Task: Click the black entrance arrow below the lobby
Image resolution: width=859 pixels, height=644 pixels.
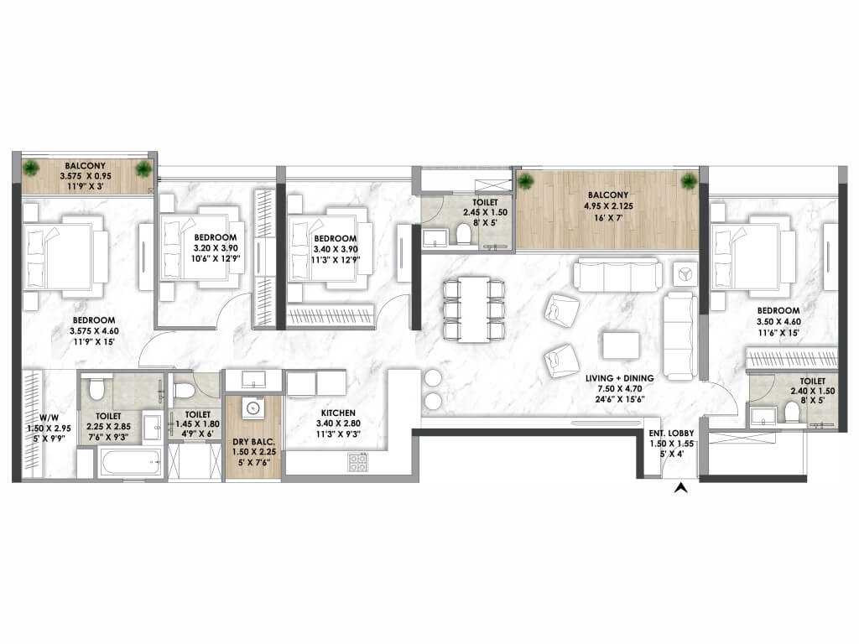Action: [x=680, y=487]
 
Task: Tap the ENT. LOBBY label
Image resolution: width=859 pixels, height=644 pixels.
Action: [x=671, y=434]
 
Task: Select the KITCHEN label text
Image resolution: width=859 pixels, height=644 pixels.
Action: [x=338, y=413]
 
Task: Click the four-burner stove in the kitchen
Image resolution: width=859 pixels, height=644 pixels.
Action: [x=357, y=462]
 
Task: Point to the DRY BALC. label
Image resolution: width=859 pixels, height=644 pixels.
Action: [x=253, y=442]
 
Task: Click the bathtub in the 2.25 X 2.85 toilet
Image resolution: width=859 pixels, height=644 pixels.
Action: [x=131, y=463]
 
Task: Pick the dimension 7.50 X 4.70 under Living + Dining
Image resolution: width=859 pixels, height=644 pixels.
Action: [x=619, y=389]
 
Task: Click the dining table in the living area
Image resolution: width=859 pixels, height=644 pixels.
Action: [x=475, y=309]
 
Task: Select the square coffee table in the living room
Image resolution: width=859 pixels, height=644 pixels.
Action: [x=621, y=345]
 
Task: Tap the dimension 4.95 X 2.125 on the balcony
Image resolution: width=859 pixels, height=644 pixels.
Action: [x=607, y=206]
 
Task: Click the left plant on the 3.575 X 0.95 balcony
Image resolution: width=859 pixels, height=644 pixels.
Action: [x=33, y=168]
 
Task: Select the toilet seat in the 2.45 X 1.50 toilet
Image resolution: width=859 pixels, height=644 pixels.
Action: [x=463, y=234]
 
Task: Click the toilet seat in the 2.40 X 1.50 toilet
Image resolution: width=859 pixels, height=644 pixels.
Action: [x=790, y=411]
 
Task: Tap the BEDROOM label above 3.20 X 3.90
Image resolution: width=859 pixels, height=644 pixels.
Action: [x=216, y=237]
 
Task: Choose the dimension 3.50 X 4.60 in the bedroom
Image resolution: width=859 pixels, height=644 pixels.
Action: [x=778, y=322]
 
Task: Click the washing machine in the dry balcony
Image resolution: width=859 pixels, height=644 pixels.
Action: [x=252, y=408]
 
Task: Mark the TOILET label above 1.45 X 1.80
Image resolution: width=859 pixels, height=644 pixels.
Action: [x=198, y=414]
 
